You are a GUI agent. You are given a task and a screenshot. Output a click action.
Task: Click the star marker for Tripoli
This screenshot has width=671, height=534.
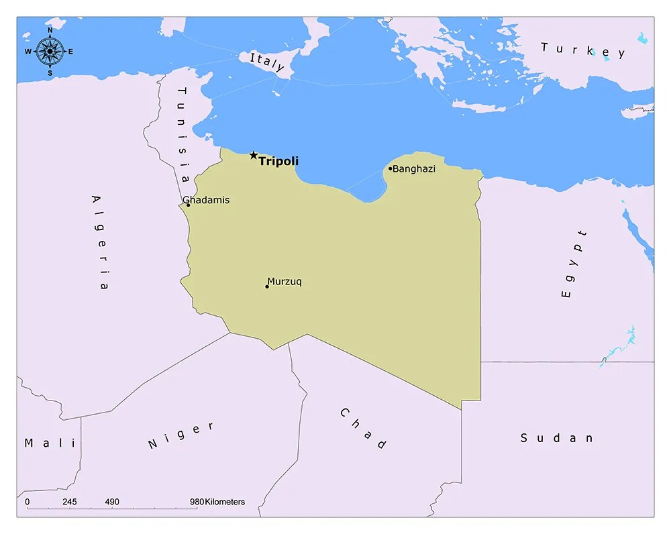pos(253,156)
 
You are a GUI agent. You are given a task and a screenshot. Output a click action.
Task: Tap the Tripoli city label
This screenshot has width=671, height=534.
pos(278,161)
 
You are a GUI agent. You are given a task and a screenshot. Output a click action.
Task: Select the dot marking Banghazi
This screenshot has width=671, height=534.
pos(390,168)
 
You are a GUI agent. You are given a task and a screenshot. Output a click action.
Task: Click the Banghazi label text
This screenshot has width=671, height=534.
pos(414,169)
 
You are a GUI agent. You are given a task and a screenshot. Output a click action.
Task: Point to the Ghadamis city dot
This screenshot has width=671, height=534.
pos(188,205)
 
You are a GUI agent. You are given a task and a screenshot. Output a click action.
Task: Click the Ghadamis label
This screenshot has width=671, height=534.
pos(207,200)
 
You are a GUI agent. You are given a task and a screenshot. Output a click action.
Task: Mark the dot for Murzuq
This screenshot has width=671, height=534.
pos(267,286)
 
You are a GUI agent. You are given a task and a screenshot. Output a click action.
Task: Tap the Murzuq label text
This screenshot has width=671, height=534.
pos(285,282)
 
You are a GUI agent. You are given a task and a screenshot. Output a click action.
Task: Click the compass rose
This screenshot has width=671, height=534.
pos(50,51)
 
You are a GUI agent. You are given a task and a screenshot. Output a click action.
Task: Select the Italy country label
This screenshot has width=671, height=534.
pos(267,62)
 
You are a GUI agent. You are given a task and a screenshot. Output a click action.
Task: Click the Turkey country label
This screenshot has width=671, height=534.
pos(583,50)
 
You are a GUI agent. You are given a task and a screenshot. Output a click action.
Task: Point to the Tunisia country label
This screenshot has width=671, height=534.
pos(183,133)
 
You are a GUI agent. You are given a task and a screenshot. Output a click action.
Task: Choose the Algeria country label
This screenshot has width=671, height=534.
pos(99,242)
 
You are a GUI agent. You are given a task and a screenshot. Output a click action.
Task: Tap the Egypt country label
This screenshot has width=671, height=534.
pos(574,264)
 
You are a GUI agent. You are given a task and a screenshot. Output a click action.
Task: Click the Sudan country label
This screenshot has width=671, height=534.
pos(557,438)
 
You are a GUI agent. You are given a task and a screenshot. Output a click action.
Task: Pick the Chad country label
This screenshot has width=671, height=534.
pos(363,428)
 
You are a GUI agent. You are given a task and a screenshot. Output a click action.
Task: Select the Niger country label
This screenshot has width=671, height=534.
pos(181,435)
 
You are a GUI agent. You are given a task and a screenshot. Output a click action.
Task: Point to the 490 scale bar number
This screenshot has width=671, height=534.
pos(112,502)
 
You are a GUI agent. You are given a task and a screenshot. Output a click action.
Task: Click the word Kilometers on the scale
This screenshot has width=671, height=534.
pos(225,502)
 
